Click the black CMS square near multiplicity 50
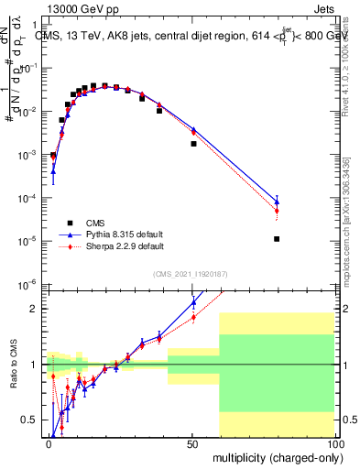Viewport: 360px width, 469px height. click(193, 144)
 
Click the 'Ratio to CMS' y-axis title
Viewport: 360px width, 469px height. click(14, 365)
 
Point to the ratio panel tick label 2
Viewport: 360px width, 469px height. click(38, 309)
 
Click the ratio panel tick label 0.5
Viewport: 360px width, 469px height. click(34, 420)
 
